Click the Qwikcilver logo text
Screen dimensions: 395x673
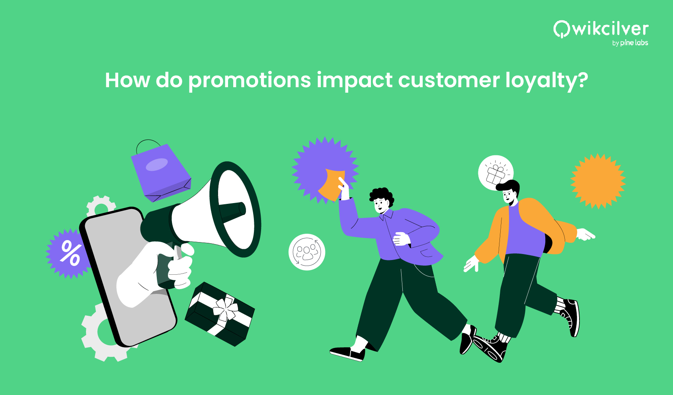click(601, 29)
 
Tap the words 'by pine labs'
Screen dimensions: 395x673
click(630, 43)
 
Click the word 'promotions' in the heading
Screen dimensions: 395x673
click(249, 81)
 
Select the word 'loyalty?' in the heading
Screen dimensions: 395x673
click(546, 81)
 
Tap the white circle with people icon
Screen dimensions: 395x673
click(306, 252)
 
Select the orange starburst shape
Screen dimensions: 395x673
click(598, 181)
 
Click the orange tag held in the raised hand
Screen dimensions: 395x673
click(333, 184)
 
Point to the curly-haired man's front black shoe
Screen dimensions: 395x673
click(347, 353)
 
